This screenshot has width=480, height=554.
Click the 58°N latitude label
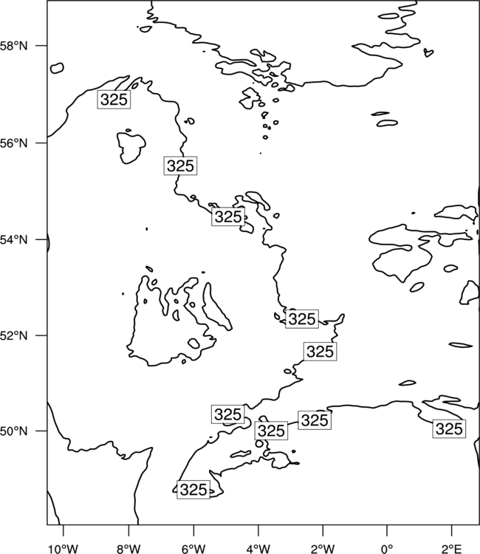(x=13, y=46)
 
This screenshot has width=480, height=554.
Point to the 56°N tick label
(x=13, y=143)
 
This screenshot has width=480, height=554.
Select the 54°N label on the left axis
(x=13, y=240)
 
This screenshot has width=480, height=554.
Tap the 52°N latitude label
(x=13, y=335)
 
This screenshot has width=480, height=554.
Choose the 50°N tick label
(x=13, y=431)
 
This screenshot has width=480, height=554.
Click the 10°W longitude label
(x=64, y=549)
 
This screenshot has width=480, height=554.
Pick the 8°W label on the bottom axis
(x=128, y=549)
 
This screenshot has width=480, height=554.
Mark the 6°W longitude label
(x=193, y=549)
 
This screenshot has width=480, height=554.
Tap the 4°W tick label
(x=258, y=549)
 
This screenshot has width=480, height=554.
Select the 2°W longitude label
(x=323, y=549)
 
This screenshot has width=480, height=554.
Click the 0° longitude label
(x=387, y=549)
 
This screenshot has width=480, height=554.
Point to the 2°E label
(x=451, y=549)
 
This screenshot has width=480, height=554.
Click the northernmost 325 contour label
(x=114, y=99)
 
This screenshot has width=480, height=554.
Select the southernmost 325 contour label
(x=193, y=489)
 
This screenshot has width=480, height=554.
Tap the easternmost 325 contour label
(x=449, y=428)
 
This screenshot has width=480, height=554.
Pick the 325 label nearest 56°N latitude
(x=180, y=165)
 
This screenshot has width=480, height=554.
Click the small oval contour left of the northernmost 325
(x=57, y=68)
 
